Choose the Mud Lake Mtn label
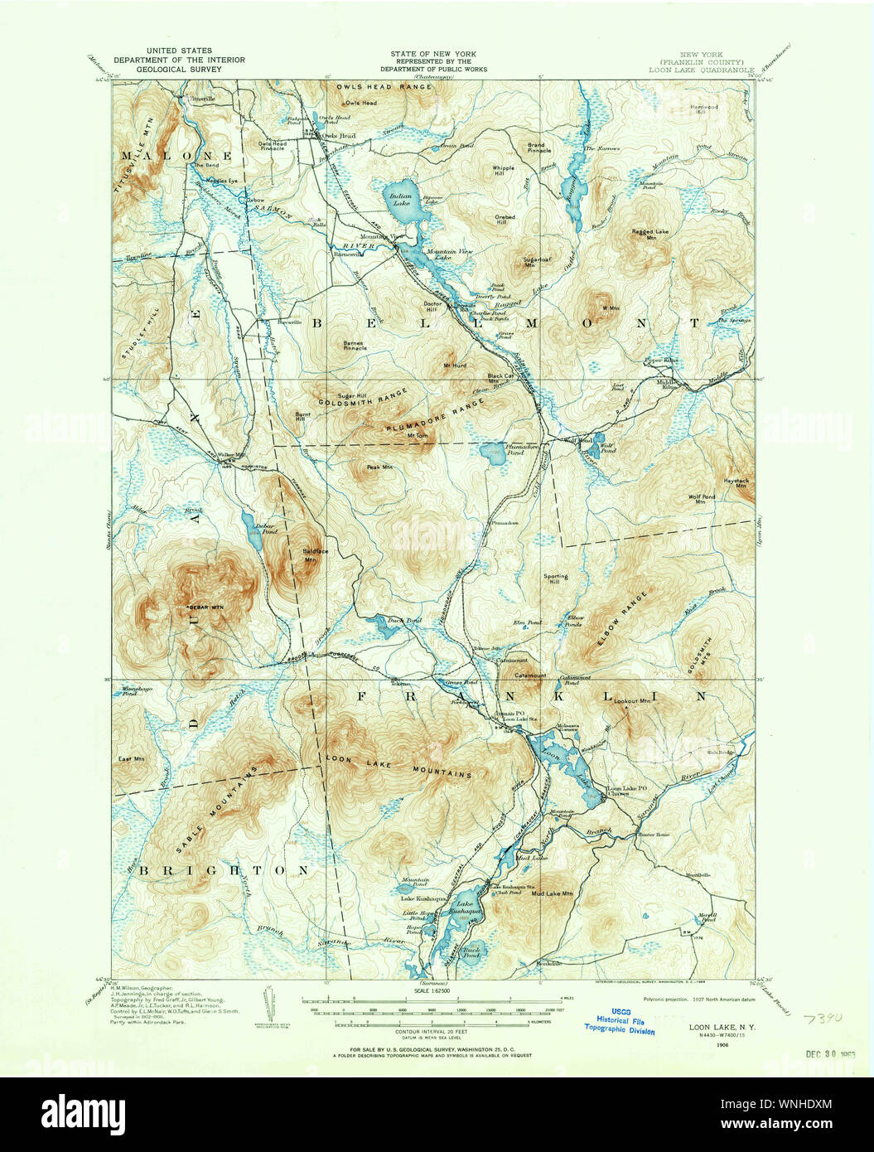[552, 894]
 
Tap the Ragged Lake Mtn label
[650, 235]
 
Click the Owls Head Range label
[384, 86]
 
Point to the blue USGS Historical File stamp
[619, 1024]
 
